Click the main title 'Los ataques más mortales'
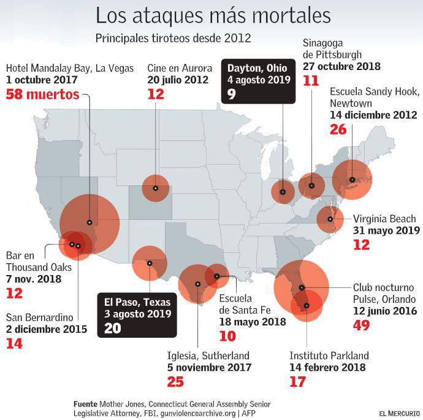tap(213, 15)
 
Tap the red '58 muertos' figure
tap(43, 95)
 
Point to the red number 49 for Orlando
tap(362, 325)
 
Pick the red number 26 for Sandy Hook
tap(338, 130)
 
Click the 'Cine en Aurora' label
tap(180, 67)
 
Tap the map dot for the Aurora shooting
tap(156, 189)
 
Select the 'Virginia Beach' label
tap(384, 219)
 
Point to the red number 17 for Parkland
tap(297, 382)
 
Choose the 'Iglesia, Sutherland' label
tap(208, 356)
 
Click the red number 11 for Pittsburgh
tap(311, 81)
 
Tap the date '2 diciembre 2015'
tap(47, 330)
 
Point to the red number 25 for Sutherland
tap(176, 382)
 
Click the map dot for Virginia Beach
tap(330, 219)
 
